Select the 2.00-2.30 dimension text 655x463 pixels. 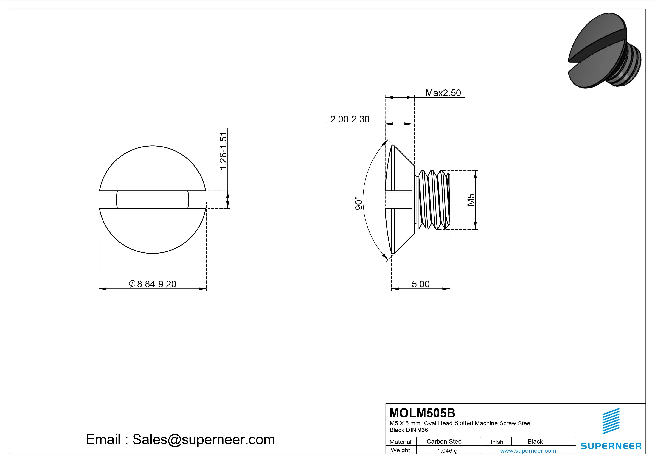pyautogui.click(x=350, y=119)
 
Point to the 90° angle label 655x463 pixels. pyautogui.click(x=359, y=203)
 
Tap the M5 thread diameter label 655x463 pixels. pyautogui.click(x=471, y=200)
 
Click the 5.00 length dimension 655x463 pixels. pyautogui.click(x=420, y=284)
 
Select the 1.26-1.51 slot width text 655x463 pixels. pyautogui.click(x=223, y=151)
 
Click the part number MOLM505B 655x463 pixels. pyautogui.click(x=422, y=413)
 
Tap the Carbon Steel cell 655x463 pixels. pyautogui.click(x=444, y=441)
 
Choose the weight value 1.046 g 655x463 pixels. pyautogui.click(x=447, y=451)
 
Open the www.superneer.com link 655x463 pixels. pyautogui.click(x=528, y=451)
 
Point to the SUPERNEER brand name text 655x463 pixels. pyautogui.click(x=611, y=446)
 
